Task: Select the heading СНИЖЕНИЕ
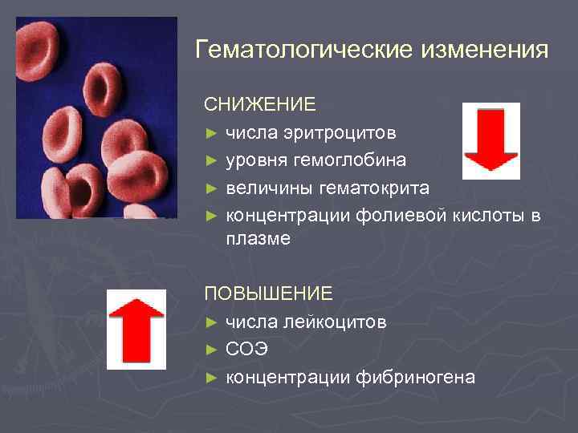(x=260, y=105)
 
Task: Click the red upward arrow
(x=136, y=330)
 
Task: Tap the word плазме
(x=258, y=239)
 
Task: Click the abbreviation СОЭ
(x=246, y=350)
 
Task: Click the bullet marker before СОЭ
(x=211, y=350)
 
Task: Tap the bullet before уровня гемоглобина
(x=211, y=160)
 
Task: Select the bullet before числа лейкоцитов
(x=211, y=322)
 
